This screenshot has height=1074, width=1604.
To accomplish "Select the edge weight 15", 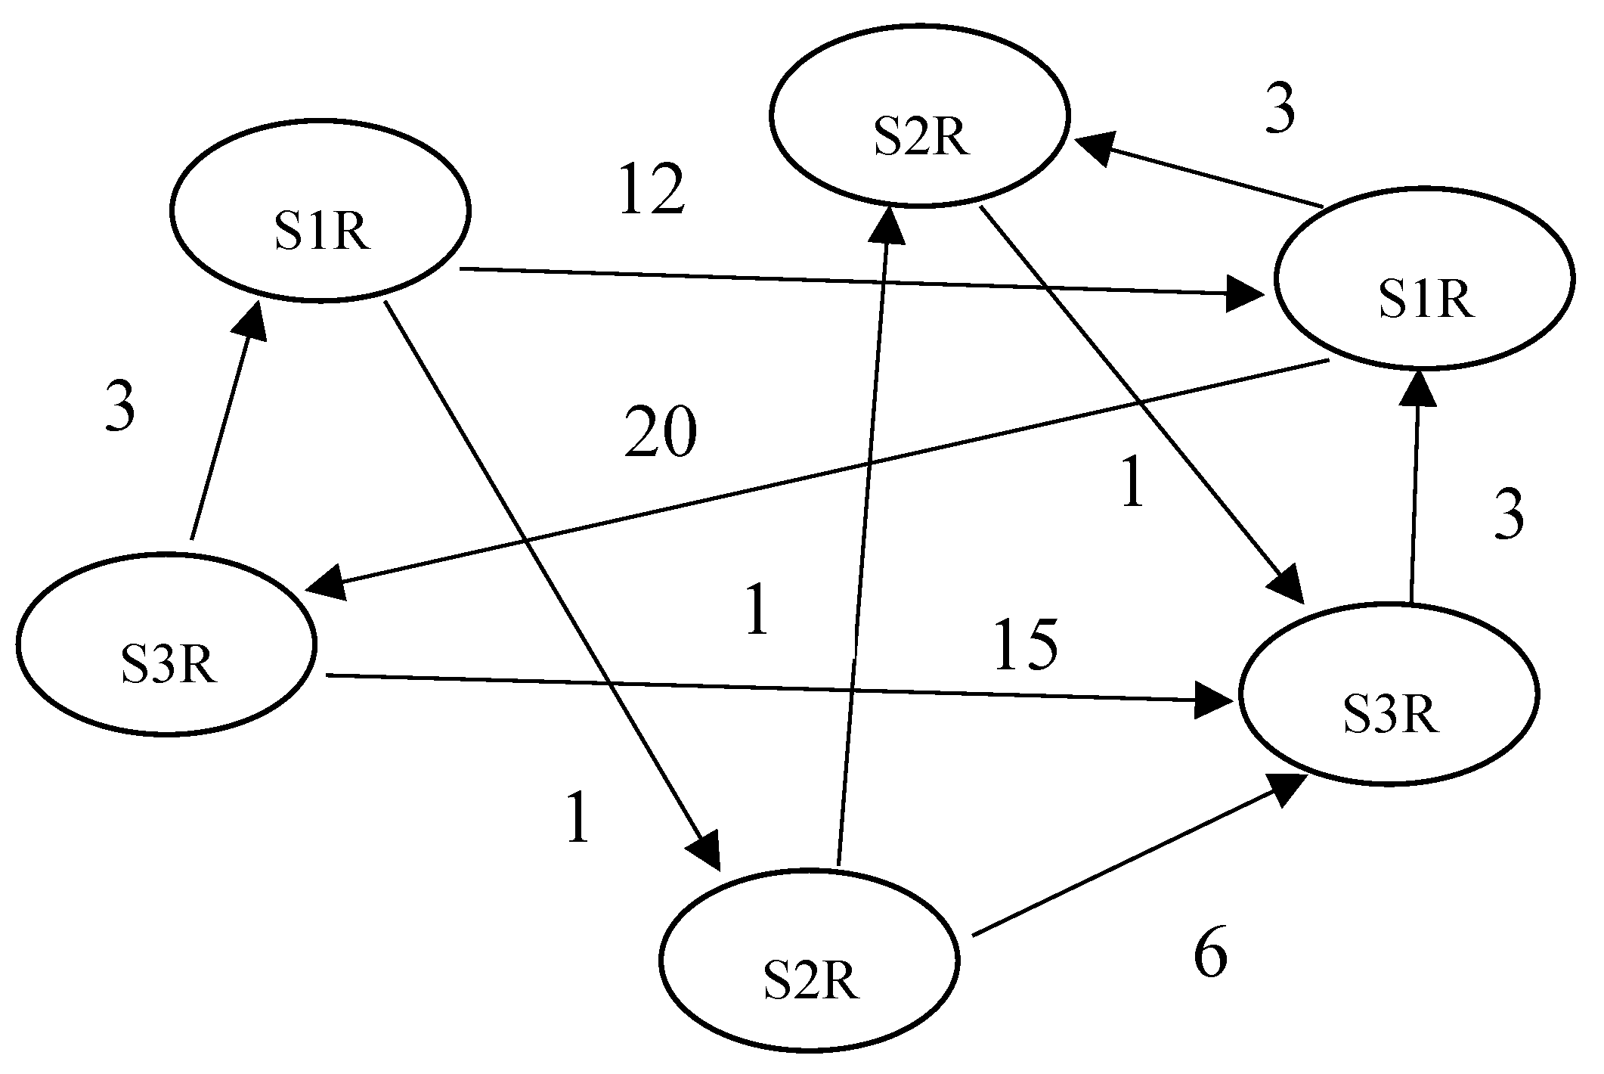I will click(1024, 646).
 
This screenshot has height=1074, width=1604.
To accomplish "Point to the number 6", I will click(1210, 954).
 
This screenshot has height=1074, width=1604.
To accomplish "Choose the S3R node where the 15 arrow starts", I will click(166, 644).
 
